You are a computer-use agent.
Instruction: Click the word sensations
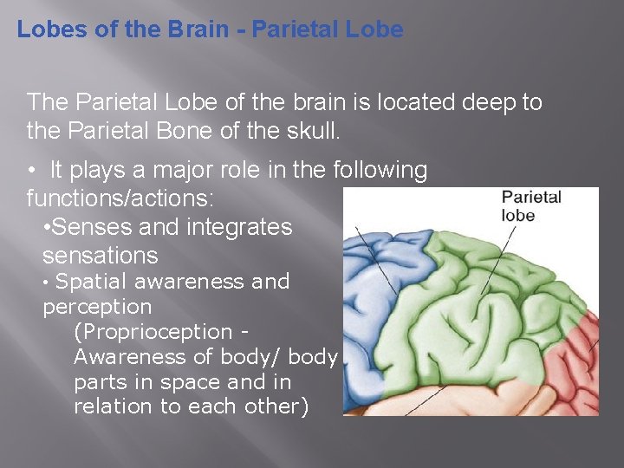tap(101, 256)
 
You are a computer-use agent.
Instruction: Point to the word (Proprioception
tap(153, 332)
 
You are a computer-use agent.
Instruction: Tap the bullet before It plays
tap(31, 171)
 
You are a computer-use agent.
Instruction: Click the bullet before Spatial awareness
tap(47, 283)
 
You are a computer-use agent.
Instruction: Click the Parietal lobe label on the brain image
tap(530, 206)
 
